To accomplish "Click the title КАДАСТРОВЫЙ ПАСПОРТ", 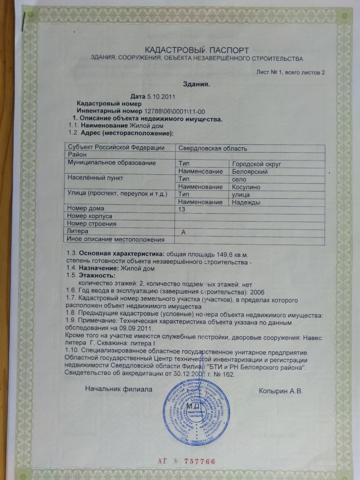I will point(196,50).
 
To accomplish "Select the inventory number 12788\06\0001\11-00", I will point(174,111).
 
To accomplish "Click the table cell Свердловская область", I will point(213,148).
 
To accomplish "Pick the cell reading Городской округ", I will point(256,164).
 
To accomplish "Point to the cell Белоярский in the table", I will point(250,172).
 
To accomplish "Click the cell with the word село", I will point(239,179).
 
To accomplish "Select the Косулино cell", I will point(246,187).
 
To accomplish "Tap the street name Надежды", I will point(246,202).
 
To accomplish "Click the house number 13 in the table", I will point(182,209).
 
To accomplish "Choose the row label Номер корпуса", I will point(90,216).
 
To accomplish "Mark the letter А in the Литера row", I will point(183,232).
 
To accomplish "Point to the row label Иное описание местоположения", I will point(115,239).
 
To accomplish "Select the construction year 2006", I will point(257,292).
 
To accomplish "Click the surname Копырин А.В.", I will point(280,391).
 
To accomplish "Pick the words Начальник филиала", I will point(118,389).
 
